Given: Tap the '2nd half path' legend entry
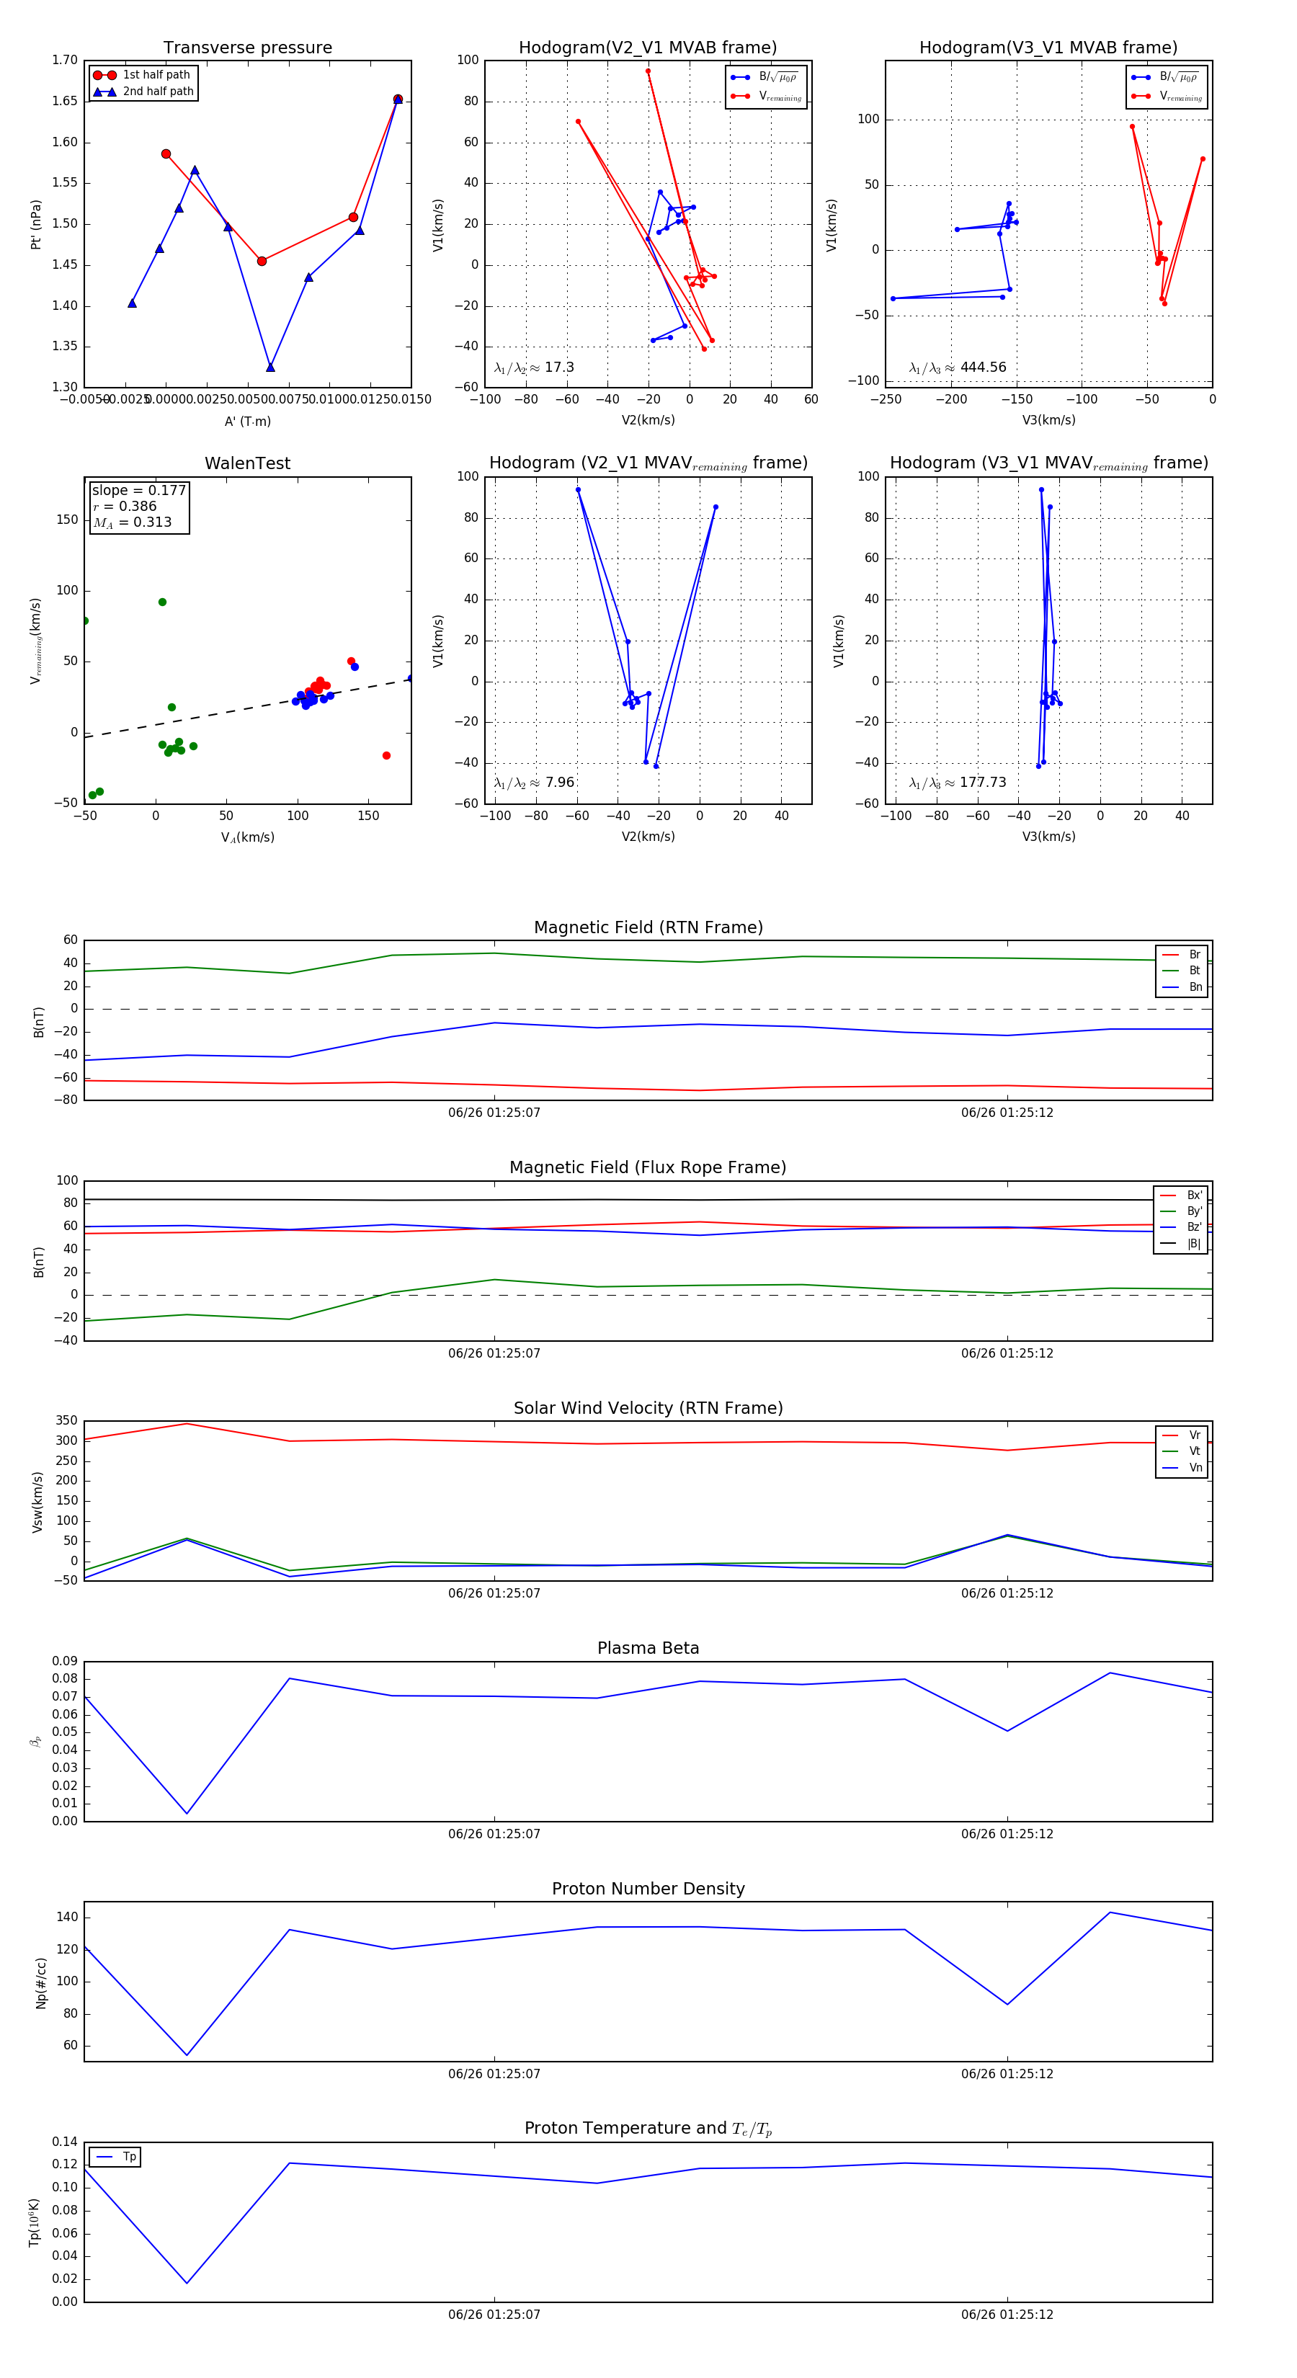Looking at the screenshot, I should tap(158, 92).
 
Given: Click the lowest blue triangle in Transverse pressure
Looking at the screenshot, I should tap(270, 368).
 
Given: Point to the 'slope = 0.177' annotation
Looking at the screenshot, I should tap(138, 490).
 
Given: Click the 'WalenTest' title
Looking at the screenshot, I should tap(247, 463).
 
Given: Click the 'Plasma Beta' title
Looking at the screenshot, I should tap(648, 1649).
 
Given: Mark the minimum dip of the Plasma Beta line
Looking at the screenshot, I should tap(187, 1813).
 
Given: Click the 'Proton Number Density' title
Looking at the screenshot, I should tap(648, 1889).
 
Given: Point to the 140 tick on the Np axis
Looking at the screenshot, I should tap(66, 1918).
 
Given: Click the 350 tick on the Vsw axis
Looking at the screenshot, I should tap(66, 1421).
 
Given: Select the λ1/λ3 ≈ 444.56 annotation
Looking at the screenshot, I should tap(958, 368).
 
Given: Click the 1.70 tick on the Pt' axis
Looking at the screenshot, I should tap(65, 60).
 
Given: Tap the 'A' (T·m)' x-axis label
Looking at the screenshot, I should tap(247, 421).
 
